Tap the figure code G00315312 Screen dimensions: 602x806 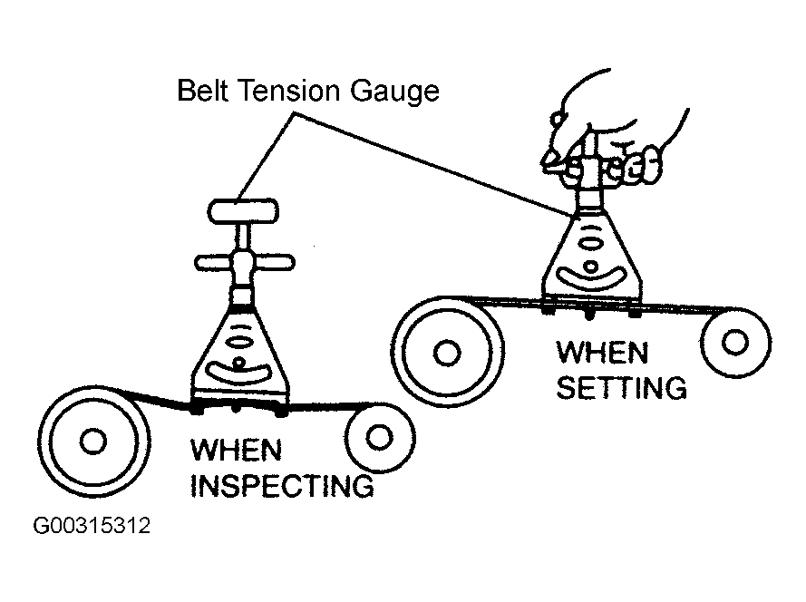tap(91, 527)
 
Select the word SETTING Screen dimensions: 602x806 tap(621, 388)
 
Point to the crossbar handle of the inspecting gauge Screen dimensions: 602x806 tap(245, 264)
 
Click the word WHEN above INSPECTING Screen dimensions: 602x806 tap(236, 449)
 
